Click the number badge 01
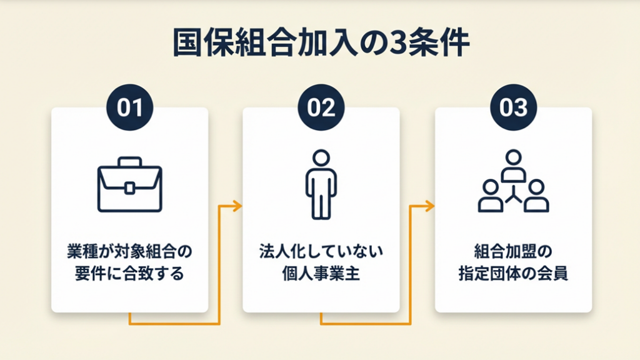pyautogui.click(x=129, y=108)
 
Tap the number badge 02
pyautogui.click(x=321, y=108)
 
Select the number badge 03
pyautogui.click(x=512, y=108)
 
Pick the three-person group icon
pyautogui.click(x=513, y=182)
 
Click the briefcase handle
pyautogui.click(x=129, y=162)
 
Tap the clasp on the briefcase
pyautogui.click(x=129, y=187)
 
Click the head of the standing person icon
pyautogui.click(x=321, y=157)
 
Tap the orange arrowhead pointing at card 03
pyautogui.click(x=430, y=206)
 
